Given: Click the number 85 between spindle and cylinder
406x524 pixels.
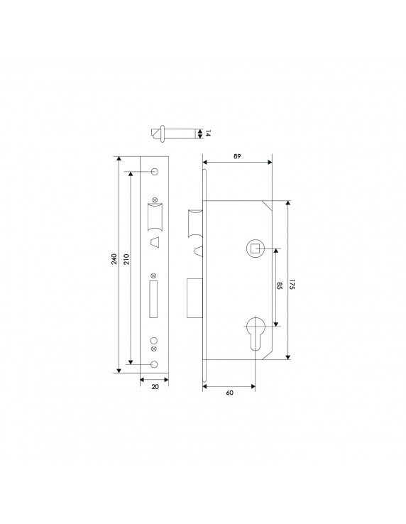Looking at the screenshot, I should coord(278,288).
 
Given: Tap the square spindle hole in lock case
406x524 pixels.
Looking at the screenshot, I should coord(254,248).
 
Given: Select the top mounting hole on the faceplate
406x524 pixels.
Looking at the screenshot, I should coord(154,172).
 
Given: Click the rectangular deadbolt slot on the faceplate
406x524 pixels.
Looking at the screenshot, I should coord(154,298).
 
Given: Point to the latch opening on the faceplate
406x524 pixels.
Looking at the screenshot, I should coord(154,217).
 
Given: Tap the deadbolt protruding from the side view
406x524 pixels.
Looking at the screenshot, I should coord(194,298).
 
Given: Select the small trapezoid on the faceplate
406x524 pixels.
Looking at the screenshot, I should coord(154,244).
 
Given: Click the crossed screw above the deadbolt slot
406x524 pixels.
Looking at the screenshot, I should coord(154,275).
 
